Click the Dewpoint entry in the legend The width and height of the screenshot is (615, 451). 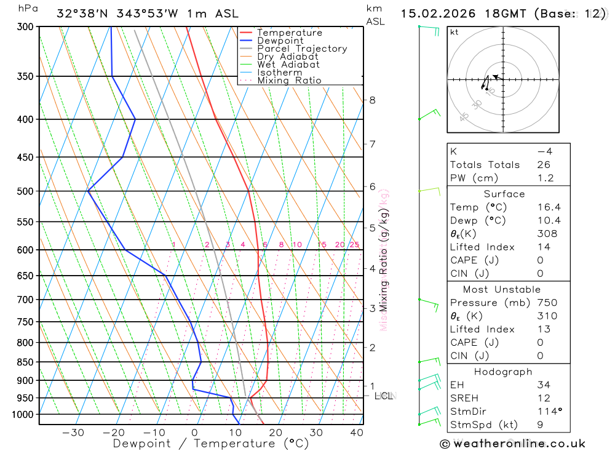280,41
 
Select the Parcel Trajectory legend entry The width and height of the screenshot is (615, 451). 302,49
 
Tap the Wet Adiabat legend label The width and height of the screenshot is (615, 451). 288,65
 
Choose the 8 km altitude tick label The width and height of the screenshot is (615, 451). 372,100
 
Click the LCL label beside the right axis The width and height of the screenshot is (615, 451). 384,396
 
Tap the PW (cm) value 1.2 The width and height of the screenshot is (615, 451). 545,178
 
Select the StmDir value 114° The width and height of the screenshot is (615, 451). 545,411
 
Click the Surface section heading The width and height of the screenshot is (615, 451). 504,194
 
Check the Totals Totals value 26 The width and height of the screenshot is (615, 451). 543,164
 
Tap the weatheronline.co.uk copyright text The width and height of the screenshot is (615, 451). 512,444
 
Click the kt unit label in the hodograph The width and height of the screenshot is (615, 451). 454,32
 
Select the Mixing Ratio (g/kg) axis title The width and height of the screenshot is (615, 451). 384,258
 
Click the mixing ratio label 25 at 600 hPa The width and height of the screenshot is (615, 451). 354,245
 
